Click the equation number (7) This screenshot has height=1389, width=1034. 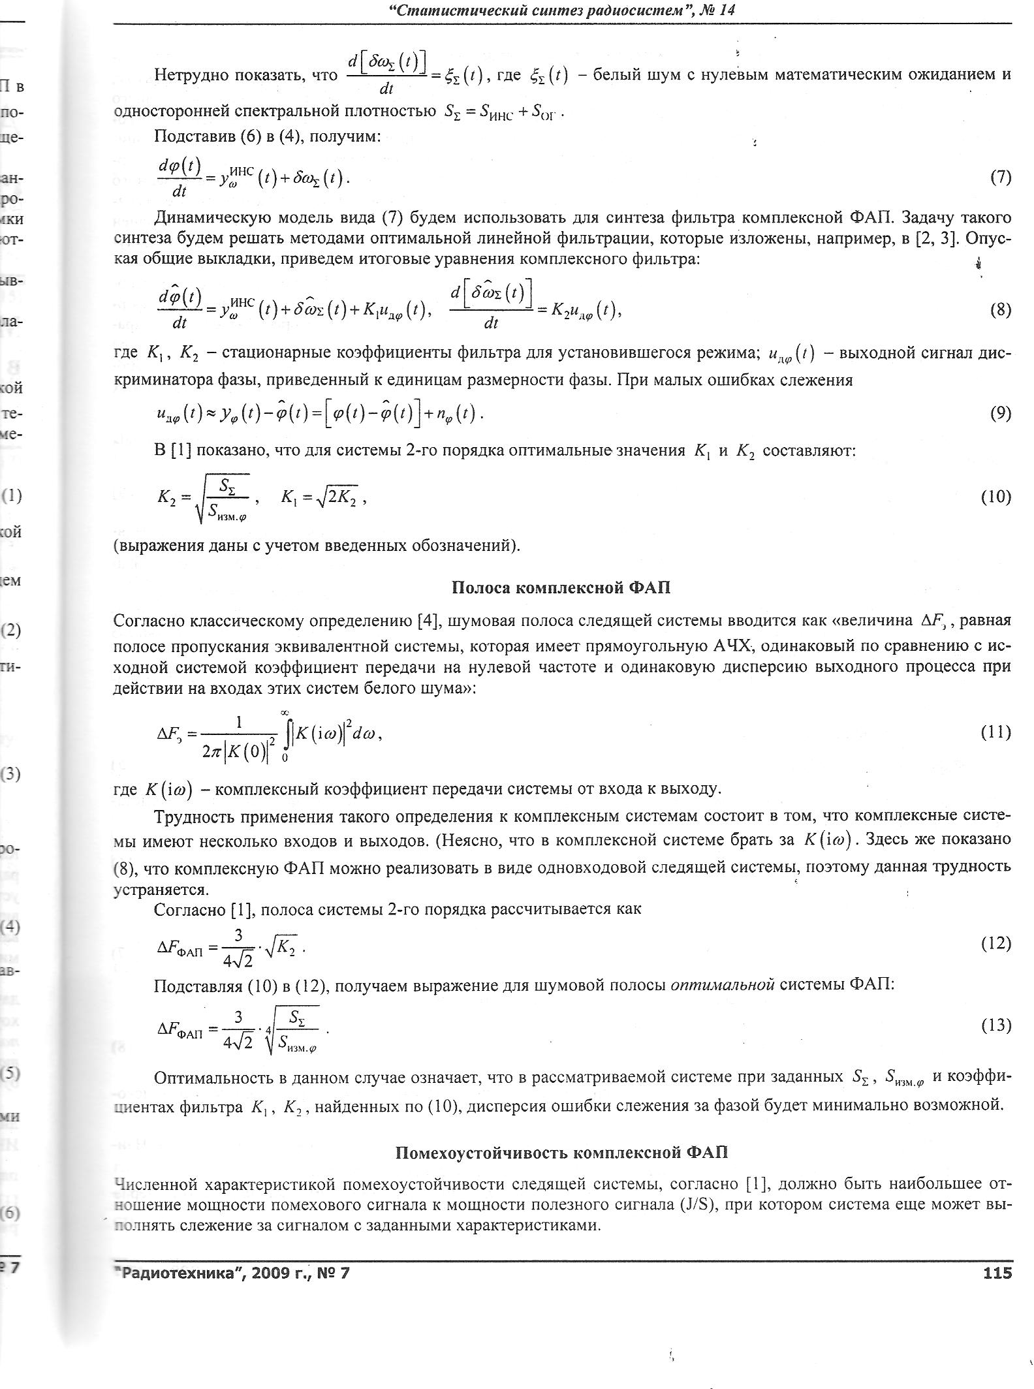(1000, 178)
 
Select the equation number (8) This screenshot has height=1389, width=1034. (1000, 310)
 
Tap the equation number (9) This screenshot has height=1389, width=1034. (1000, 413)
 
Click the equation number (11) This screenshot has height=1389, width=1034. (996, 732)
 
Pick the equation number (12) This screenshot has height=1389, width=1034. (996, 944)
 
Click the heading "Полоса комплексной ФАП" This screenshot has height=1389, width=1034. (561, 588)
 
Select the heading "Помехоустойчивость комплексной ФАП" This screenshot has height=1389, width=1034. (561, 1153)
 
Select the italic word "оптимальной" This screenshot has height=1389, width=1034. (722, 985)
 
